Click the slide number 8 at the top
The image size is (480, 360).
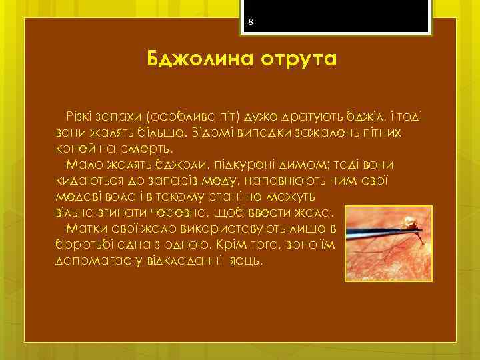coord(250,23)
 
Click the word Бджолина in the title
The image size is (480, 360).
coord(189,60)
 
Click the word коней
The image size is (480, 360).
coord(73,147)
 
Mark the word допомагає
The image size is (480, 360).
coord(87,261)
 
